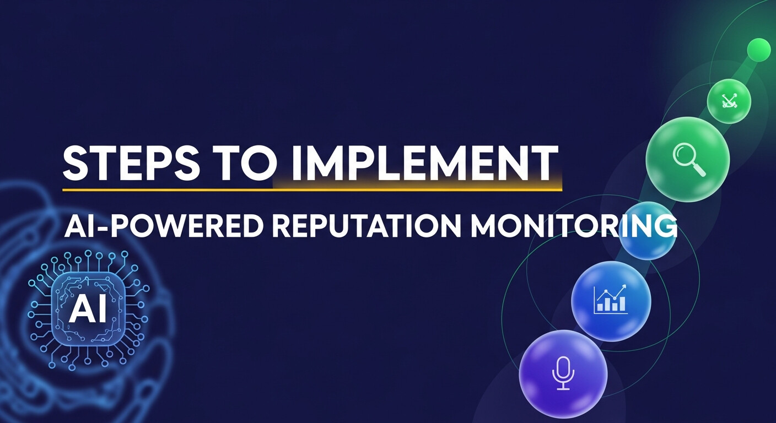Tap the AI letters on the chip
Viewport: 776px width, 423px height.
coord(88,310)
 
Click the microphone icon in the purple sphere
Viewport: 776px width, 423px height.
coord(563,373)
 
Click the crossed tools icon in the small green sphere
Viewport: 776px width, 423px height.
coord(729,101)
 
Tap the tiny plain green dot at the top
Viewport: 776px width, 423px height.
coord(758,50)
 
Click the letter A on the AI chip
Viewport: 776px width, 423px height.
coord(78,310)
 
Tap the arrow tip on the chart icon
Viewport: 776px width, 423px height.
coord(624,286)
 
